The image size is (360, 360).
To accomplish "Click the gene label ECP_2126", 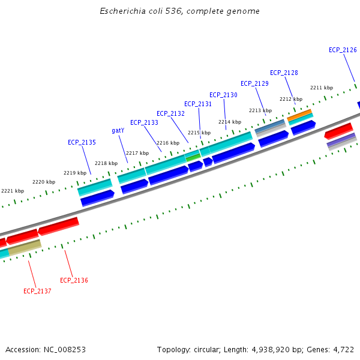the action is point(343,50).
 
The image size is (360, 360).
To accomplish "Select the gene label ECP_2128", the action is point(284,73).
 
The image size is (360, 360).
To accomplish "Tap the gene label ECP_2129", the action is point(254,83).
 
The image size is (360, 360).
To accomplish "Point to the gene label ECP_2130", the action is point(223,95).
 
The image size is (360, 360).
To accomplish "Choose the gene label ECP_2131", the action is point(198,104).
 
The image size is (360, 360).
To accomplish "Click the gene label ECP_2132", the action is point(170,113).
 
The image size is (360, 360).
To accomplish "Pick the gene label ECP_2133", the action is point(144,122).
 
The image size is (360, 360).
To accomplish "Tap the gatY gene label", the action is point(118,130).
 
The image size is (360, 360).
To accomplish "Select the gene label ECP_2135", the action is point(82,142).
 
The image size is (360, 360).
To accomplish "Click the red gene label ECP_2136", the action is point(74,280).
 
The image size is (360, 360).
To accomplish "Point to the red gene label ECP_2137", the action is point(37,291).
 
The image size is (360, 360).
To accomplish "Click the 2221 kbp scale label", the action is point(13,191).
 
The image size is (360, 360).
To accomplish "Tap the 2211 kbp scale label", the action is point(322,88).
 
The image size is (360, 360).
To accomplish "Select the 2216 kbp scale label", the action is point(168,143).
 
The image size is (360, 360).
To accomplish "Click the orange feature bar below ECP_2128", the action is point(299,113).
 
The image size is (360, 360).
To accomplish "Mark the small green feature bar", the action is point(193,158).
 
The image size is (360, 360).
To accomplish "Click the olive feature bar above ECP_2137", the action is point(24,247).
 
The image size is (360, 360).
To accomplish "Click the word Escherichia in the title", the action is point(122,11).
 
